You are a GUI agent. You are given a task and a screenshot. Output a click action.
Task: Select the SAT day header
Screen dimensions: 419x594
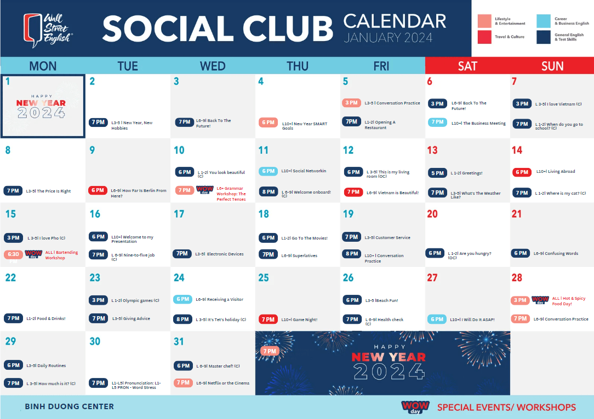tap(467, 66)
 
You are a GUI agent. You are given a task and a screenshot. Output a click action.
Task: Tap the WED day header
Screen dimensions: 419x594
tap(213, 66)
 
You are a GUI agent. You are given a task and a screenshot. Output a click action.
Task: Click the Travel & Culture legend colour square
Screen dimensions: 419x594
tap(484, 37)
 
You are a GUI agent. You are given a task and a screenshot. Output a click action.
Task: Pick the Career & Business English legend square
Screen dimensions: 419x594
tap(544, 21)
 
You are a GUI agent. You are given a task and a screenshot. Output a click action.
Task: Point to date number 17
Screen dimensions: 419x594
tap(179, 214)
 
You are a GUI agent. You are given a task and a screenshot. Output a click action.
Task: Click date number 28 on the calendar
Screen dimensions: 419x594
tap(517, 277)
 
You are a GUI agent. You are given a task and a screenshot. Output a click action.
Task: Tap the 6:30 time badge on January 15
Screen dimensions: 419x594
tap(13, 254)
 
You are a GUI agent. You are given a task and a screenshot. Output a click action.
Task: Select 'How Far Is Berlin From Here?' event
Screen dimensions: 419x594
tap(138, 193)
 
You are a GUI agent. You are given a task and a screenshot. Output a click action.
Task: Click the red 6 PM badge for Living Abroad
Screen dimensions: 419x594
tap(521, 172)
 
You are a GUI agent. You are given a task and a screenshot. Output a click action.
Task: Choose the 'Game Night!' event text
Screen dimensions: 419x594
tap(299, 319)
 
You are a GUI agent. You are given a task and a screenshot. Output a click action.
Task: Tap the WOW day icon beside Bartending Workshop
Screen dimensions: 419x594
tap(33, 254)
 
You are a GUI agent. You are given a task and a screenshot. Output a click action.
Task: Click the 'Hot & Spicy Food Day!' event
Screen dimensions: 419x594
tap(568, 301)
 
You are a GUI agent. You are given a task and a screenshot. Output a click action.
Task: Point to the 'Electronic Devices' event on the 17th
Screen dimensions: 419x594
tap(219, 254)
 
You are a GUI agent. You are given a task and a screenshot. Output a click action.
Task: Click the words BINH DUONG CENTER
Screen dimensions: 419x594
tap(70, 406)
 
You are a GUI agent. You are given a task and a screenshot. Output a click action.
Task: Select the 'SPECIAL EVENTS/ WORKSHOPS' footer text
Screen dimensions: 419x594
tap(506, 407)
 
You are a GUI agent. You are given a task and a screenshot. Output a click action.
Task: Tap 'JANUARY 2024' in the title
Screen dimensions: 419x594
tap(388, 38)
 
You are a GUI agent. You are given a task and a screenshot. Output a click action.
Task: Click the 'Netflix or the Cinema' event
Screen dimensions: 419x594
tap(222, 383)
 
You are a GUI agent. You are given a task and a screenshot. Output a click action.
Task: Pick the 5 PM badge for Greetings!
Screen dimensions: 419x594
tap(437, 173)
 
